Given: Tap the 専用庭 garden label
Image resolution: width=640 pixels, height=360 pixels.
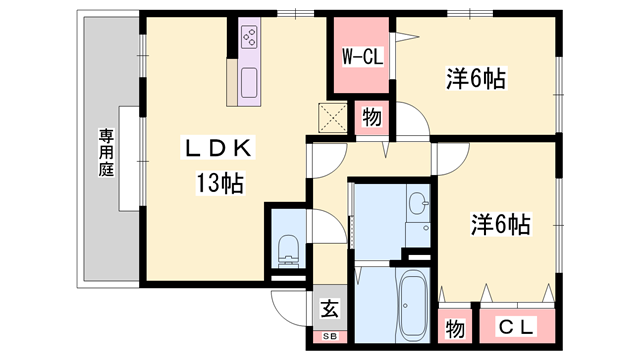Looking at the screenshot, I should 105,152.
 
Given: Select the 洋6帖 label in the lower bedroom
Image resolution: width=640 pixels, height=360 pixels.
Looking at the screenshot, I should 500,225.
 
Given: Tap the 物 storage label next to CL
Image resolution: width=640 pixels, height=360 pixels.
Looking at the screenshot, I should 454,327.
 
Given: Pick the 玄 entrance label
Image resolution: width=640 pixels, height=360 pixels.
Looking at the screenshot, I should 329,309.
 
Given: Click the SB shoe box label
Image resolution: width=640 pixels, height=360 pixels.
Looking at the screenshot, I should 329,336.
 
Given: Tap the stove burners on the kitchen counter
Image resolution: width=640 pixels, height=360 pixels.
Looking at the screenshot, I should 249,39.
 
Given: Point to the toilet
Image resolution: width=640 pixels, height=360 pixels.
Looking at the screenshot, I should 287,246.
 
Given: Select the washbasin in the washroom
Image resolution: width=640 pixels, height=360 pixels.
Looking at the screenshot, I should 418,208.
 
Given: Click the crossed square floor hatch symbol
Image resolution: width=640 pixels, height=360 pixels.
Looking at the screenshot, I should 332,118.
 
